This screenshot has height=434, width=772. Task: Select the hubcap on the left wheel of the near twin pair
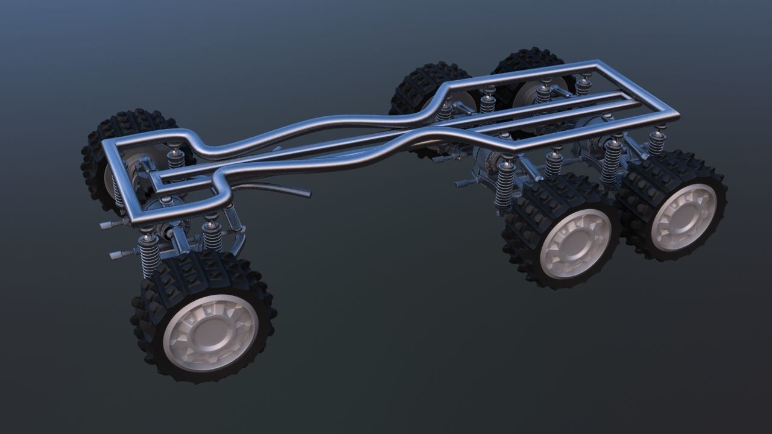(575, 242)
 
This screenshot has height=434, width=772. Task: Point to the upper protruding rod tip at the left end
(106, 225)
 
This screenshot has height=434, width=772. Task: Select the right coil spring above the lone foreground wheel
(212, 235)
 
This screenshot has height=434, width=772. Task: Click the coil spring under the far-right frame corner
(657, 142)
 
